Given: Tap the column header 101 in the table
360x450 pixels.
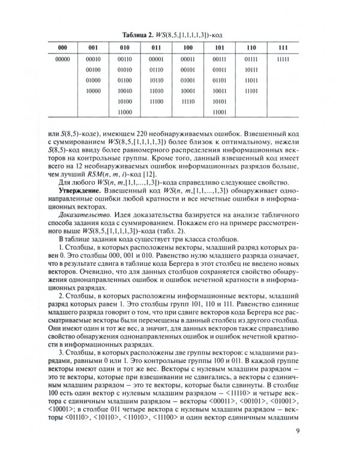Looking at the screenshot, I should [x=219, y=47].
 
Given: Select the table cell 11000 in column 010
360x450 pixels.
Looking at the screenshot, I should [x=125, y=113].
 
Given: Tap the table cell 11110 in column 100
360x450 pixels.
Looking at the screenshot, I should [x=188, y=102].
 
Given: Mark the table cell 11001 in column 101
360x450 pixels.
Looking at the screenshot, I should [x=219, y=113].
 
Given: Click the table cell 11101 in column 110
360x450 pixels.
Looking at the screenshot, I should [x=251, y=91].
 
